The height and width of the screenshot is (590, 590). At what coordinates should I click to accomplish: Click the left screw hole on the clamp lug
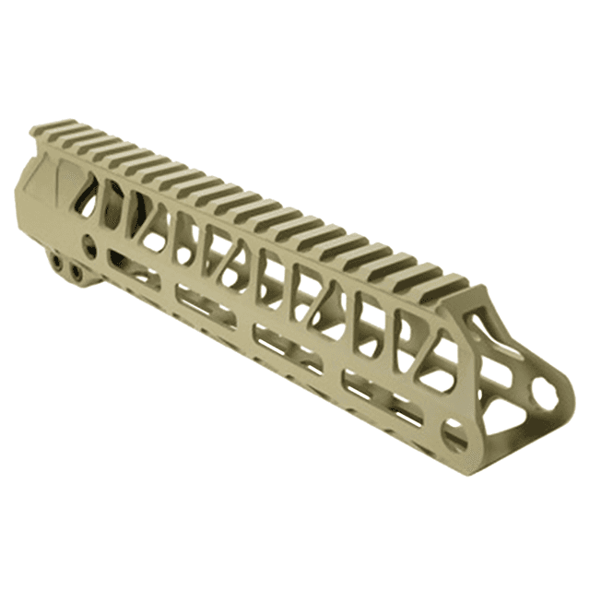[x=58, y=262]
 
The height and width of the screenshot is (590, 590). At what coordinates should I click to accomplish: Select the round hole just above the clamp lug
[x=88, y=244]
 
